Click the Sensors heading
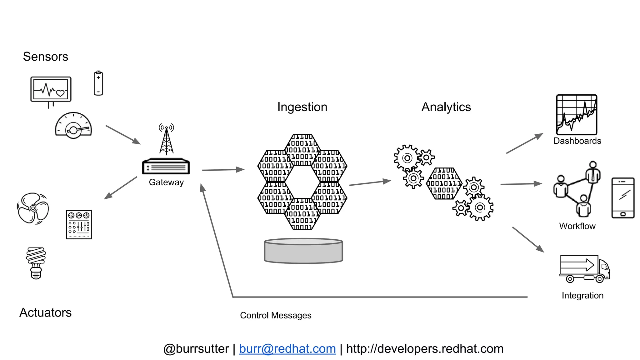pyautogui.click(x=45, y=57)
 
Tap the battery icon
pyautogui.click(x=98, y=83)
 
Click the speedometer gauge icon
pyautogui.click(x=73, y=126)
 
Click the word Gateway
pyautogui.click(x=166, y=182)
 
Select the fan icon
pyautogui.click(x=33, y=208)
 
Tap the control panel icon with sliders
pyautogui.click(x=79, y=224)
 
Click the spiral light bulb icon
pyautogui.click(x=36, y=263)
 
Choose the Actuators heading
pyautogui.click(x=46, y=312)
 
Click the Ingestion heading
pyautogui.click(x=302, y=107)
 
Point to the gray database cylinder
pyautogui.click(x=303, y=251)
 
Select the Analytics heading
pyautogui.click(x=446, y=107)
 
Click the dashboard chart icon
pyautogui.click(x=577, y=115)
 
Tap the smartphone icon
pyautogui.click(x=623, y=198)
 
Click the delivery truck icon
pyautogui.click(x=584, y=269)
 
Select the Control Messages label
pyautogui.click(x=276, y=315)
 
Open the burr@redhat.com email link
pyautogui.click(x=287, y=349)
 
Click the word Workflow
pyautogui.click(x=577, y=226)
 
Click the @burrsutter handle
pyautogui.click(x=196, y=349)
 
